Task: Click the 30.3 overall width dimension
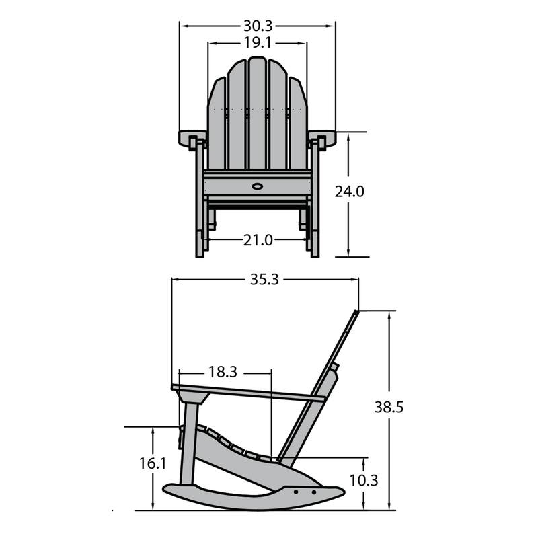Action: point(257,26)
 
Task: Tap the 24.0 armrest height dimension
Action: point(350,192)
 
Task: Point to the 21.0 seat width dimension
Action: point(257,239)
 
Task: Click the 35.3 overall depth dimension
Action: point(264,280)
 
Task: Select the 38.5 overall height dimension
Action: point(390,408)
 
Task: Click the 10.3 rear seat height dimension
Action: point(364,481)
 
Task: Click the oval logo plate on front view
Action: point(257,184)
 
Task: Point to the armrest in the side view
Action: point(249,393)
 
